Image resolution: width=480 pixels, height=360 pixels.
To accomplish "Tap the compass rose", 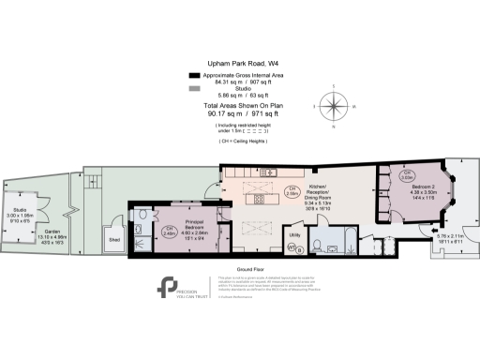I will click(x=332, y=100).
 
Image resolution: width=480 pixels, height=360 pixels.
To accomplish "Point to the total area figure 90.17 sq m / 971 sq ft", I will click(x=239, y=118).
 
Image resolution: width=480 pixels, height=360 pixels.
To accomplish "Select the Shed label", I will click(x=114, y=240).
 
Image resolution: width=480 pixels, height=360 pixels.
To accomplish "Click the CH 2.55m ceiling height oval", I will click(x=292, y=194).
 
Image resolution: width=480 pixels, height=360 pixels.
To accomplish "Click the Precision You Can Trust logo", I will click(x=171, y=286).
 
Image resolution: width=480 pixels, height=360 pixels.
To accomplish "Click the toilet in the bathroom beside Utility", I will click(x=319, y=246).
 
